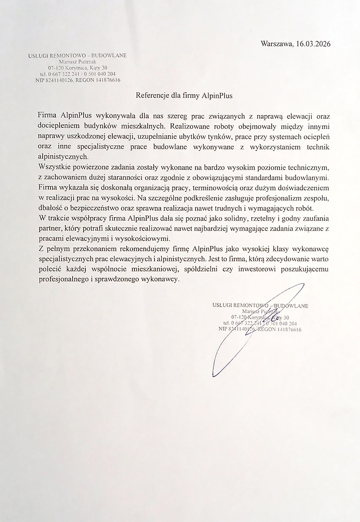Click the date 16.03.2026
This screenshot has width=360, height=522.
(313, 43)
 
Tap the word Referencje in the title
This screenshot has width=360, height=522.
(152, 96)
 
